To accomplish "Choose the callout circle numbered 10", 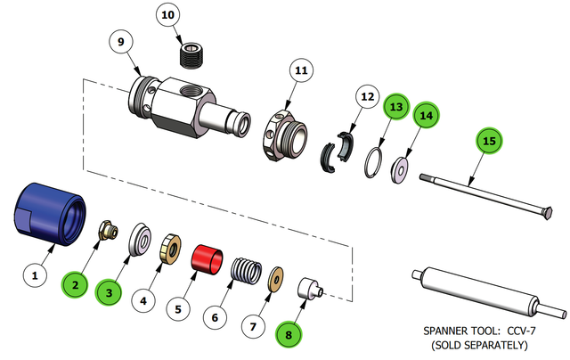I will [168, 17].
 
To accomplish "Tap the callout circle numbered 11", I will [301, 70].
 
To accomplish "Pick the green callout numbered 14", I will [427, 115].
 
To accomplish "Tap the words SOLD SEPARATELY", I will [478, 344].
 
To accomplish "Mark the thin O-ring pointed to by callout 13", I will [377, 164].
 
